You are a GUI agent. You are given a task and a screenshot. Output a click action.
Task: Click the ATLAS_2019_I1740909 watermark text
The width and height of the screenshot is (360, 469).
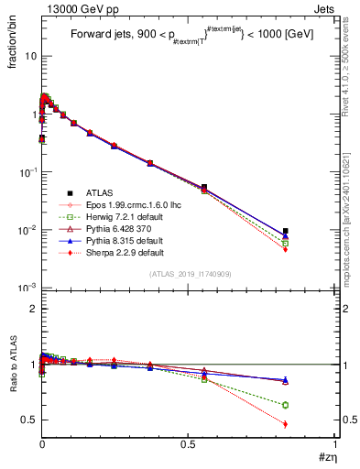189,275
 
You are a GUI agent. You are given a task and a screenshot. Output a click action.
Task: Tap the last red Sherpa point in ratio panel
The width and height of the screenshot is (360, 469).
286,424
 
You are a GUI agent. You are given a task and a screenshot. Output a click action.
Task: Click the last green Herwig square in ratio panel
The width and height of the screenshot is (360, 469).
286,405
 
